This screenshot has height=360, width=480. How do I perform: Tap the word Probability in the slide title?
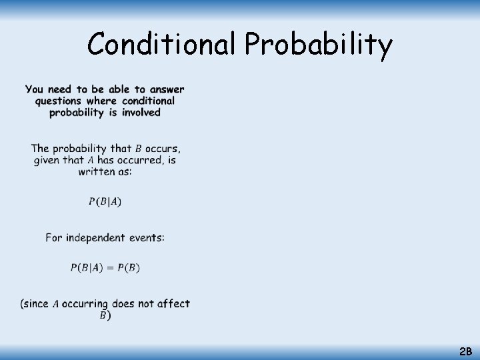[x=318, y=45]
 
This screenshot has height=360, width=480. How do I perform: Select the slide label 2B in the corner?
[x=465, y=351]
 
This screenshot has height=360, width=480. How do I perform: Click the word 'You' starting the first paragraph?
[x=35, y=89]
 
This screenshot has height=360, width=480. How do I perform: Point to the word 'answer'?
[x=167, y=89]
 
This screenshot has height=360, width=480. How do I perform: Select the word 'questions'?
[x=59, y=101]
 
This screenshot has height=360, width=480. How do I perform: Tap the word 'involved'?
[x=141, y=113]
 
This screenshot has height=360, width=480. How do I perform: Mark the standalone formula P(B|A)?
[x=105, y=201]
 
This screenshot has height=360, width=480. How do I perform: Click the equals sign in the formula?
[x=111, y=267]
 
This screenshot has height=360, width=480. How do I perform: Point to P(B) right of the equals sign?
[x=128, y=267]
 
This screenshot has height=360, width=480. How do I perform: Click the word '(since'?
[x=35, y=304]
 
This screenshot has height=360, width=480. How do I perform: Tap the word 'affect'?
[x=173, y=304]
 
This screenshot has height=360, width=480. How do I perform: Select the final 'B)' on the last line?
[x=105, y=315]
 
